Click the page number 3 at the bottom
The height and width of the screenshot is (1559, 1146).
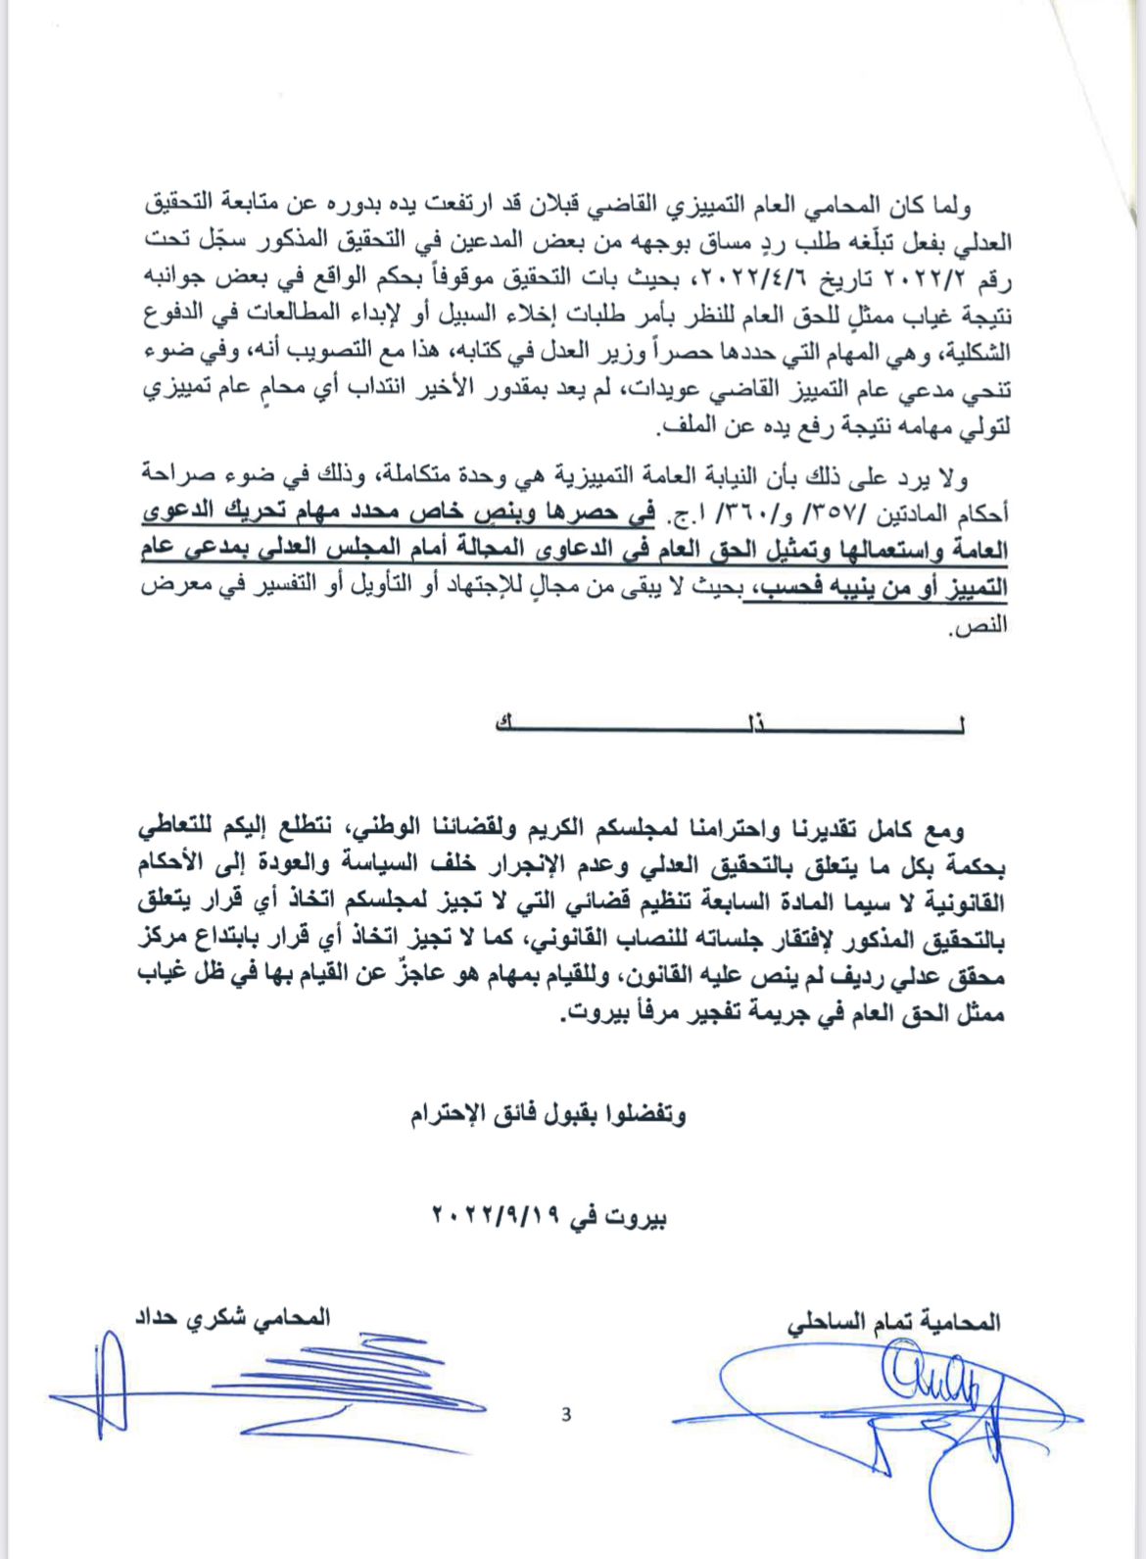[566, 1414]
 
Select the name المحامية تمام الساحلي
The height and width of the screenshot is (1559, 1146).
[894, 1322]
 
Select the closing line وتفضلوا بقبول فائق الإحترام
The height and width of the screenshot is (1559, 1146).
[549, 1114]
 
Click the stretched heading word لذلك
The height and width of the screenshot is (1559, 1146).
[731, 724]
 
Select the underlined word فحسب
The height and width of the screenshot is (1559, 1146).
[778, 589]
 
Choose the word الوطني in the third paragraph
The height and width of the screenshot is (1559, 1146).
[392, 829]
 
